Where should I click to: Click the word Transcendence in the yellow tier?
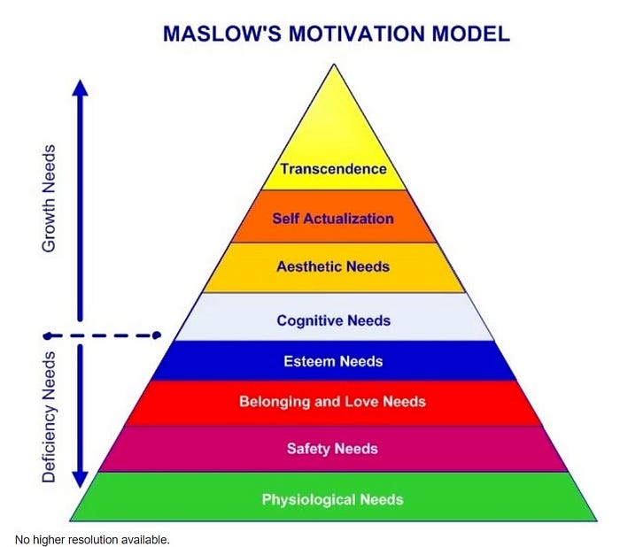click(x=333, y=169)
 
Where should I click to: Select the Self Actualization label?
click(x=333, y=219)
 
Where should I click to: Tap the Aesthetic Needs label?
click(x=333, y=266)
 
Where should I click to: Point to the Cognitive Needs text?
click(x=333, y=320)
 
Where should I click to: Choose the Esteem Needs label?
click(x=333, y=361)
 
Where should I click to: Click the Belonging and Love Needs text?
click(x=332, y=402)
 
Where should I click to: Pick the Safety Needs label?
click(x=332, y=449)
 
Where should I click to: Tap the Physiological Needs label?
click(x=332, y=499)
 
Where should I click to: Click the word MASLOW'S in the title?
click(x=222, y=34)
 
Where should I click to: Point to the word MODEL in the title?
click(x=470, y=34)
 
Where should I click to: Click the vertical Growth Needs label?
click(x=49, y=198)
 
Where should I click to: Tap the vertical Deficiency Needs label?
click(x=49, y=417)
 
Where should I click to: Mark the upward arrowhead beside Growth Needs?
click(x=81, y=88)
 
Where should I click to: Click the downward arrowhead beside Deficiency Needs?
click(x=80, y=480)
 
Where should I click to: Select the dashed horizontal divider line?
click(x=102, y=335)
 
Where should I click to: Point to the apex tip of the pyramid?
click(x=334, y=64)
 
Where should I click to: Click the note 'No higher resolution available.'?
click(x=92, y=540)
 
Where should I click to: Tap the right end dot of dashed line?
click(x=157, y=335)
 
